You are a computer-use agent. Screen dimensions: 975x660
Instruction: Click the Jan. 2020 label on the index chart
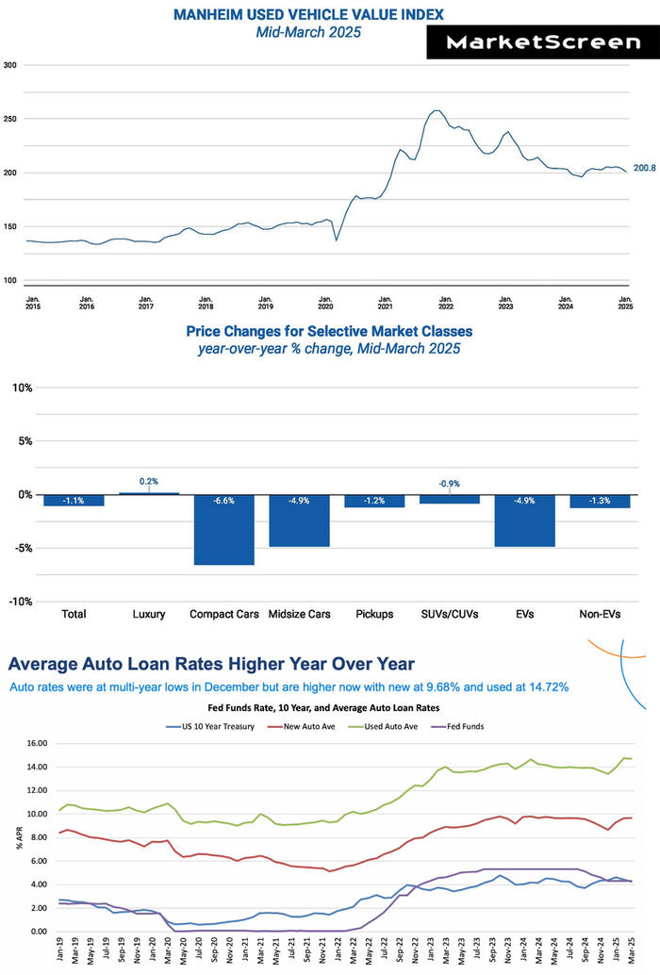tap(325, 304)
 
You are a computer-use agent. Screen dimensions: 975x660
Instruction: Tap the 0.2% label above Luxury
tap(149, 482)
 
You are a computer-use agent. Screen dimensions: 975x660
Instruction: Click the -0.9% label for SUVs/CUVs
tap(449, 484)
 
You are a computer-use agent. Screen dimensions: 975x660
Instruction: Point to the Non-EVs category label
tap(600, 614)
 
